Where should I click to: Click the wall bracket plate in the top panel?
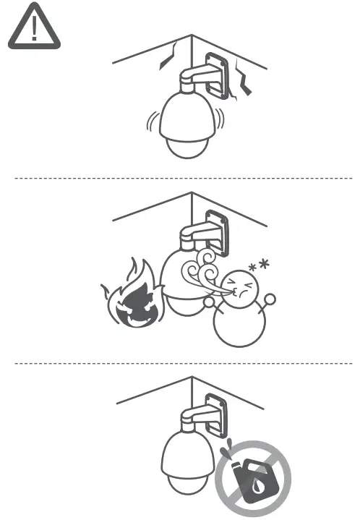pos(216,74)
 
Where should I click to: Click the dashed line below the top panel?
pos(181,177)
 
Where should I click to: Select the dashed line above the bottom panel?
pos(181,363)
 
